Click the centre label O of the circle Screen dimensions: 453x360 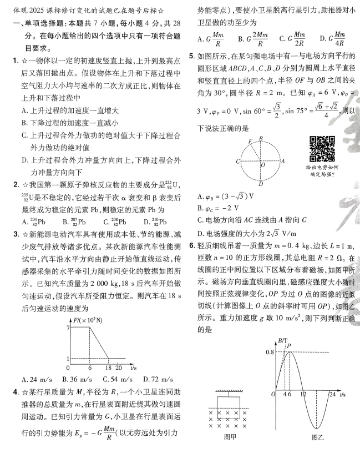point(262,165)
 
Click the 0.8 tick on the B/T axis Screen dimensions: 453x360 point(268,352)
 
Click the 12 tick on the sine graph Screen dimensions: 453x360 point(303,394)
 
